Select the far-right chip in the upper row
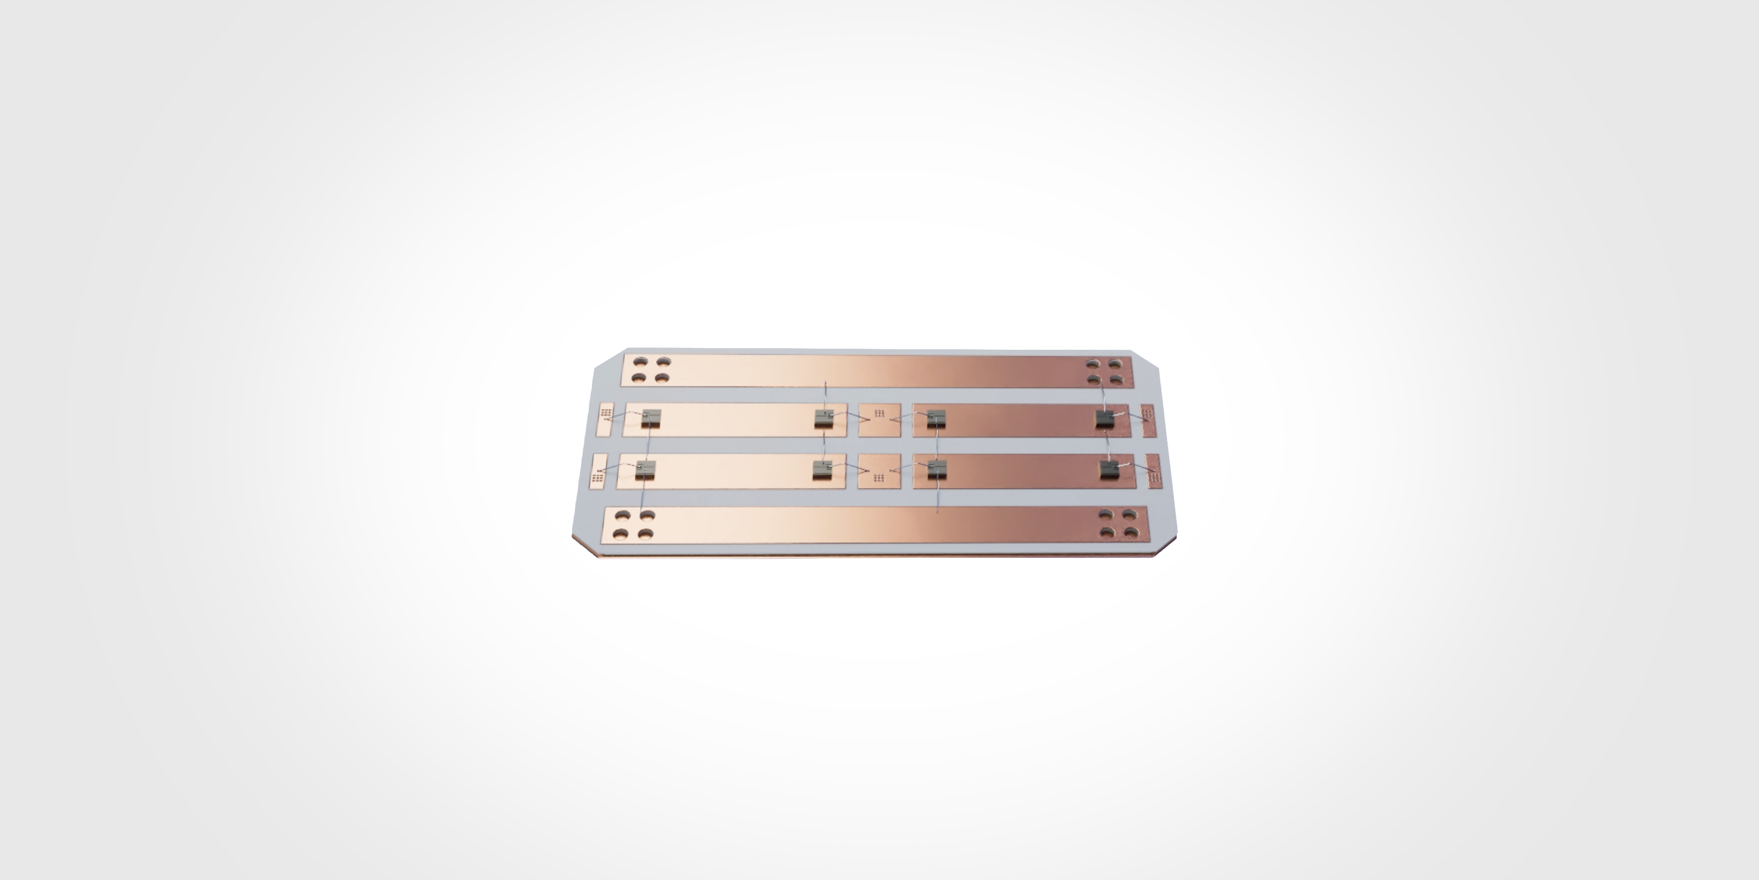tap(1105, 419)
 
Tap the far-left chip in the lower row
tap(167, 469)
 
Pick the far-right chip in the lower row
tap(1109, 469)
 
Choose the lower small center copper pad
tap(879, 471)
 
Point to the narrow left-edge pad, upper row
tap(128, 420)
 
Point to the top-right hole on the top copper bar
tap(1114, 363)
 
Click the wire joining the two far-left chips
tap(169, 444)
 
